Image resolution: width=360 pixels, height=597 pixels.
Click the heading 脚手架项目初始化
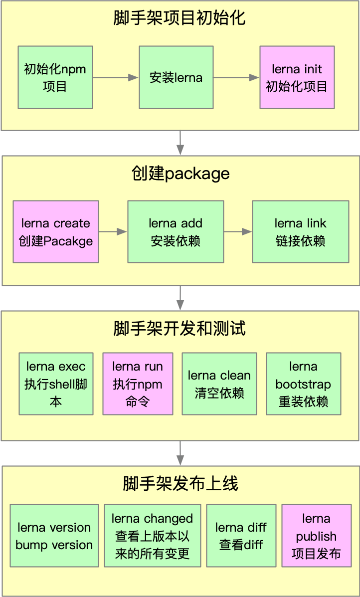(x=180, y=19)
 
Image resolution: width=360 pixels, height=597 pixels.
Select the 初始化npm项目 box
(x=55, y=77)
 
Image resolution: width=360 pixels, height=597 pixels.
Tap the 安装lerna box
(x=176, y=77)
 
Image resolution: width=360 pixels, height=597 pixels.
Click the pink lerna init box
(x=297, y=77)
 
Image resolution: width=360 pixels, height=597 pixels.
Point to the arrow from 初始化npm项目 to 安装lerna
(x=115, y=77)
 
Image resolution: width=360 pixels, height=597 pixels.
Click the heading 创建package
(x=180, y=174)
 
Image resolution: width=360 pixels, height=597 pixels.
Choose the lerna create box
(x=56, y=232)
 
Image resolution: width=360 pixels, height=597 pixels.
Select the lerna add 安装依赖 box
(x=176, y=232)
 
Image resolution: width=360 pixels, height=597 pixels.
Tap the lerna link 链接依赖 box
(x=300, y=232)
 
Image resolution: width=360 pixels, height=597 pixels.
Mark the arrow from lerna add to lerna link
(x=238, y=232)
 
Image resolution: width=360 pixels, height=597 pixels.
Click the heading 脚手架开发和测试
(x=180, y=329)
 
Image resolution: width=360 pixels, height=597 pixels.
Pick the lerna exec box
(x=56, y=384)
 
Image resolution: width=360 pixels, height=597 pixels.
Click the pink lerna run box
(x=138, y=384)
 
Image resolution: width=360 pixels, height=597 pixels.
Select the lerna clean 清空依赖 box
(x=219, y=384)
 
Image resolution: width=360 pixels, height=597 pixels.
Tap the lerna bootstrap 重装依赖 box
(x=303, y=384)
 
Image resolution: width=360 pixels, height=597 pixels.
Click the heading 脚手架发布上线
(x=180, y=483)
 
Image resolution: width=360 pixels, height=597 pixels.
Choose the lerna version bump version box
(x=54, y=536)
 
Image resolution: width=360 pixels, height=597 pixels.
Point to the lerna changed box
(x=152, y=536)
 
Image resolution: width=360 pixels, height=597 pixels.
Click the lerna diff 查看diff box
(x=241, y=536)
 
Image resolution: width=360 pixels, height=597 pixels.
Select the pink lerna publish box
(x=316, y=536)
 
